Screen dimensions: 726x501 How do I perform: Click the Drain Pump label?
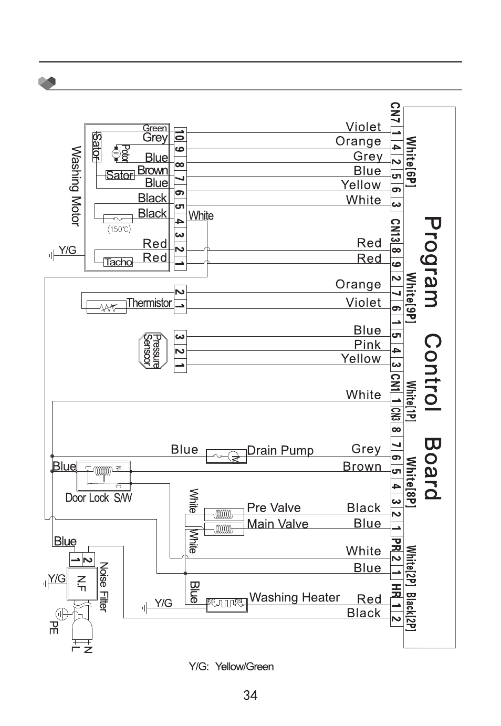click(280, 451)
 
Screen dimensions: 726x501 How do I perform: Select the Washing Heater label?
click(294, 598)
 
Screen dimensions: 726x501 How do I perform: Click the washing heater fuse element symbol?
click(227, 605)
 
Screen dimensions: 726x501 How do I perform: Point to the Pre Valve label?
click(274, 508)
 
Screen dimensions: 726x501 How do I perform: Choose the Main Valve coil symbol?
click(224, 528)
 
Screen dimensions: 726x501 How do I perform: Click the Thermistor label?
click(149, 303)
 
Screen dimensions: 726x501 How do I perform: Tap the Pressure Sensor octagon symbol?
click(152, 350)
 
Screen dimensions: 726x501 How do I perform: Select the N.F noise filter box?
click(81, 583)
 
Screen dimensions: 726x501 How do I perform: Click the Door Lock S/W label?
click(98, 497)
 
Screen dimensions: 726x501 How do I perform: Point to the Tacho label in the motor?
click(118, 262)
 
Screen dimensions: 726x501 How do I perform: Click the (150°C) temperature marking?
click(119, 229)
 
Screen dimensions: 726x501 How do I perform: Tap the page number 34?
click(250, 696)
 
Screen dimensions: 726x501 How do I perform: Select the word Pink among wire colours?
click(367, 345)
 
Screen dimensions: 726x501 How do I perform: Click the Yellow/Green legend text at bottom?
click(231, 667)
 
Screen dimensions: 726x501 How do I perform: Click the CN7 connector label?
click(395, 113)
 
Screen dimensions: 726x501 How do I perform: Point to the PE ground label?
click(53, 627)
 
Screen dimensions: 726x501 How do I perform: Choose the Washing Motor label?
click(76, 186)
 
